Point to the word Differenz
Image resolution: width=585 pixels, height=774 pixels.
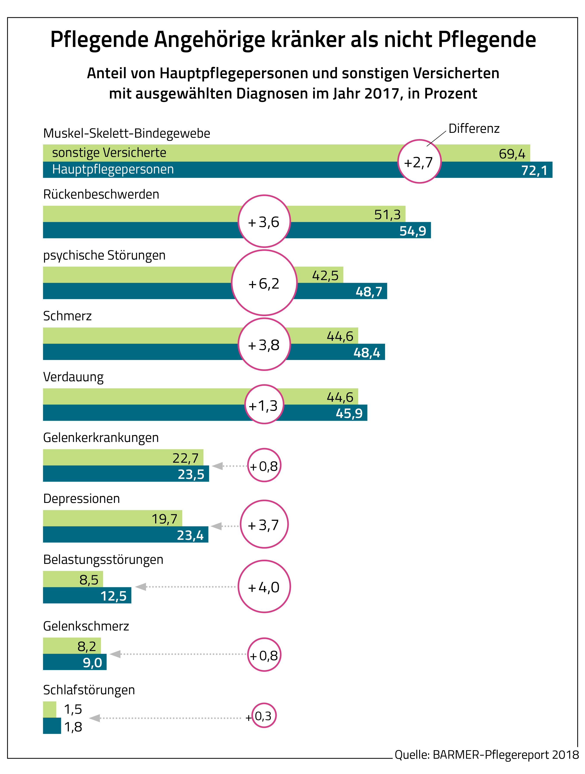[474, 129]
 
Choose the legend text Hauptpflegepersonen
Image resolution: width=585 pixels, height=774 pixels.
[113, 169]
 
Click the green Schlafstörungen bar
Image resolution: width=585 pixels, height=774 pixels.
[49, 709]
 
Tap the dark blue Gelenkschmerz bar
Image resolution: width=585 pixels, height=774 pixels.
[74, 662]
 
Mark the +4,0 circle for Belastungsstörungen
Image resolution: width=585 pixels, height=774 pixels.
[264, 587]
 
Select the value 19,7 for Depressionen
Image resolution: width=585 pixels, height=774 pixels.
[164, 519]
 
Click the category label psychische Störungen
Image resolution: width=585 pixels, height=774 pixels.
[104, 255]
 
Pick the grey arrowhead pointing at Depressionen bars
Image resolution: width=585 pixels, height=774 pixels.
[216, 526]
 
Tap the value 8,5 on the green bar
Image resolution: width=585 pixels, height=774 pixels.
[89, 580]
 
